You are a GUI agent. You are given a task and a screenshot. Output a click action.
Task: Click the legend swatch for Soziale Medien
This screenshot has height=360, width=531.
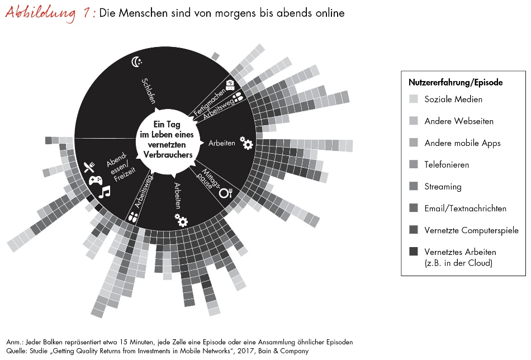(x=414, y=100)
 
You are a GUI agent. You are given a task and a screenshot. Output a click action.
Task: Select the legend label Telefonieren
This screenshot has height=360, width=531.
(x=447, y=165)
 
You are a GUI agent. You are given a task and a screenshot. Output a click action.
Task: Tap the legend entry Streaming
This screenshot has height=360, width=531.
(x=443, y=187)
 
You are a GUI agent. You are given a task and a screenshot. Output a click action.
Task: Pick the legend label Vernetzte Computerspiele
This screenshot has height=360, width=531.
(x=471, y=230)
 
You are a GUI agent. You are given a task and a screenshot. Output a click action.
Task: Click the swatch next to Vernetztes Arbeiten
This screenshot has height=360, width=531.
(x=414, y=252)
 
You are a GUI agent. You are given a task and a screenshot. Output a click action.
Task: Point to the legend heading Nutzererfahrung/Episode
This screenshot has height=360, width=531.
(x=456, y=82)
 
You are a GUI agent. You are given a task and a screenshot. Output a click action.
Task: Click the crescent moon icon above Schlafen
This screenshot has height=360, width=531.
(x=136, y=61)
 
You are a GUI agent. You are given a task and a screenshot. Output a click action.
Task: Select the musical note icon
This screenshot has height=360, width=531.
(x=104, y=192)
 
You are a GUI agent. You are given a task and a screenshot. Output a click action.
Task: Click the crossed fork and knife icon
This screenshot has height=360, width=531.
(x=88, y=167)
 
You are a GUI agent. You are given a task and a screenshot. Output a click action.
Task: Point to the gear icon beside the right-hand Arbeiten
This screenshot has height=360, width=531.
(x=246, y=144)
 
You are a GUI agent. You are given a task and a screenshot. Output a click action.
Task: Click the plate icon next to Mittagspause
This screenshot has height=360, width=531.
(x=226, y=193)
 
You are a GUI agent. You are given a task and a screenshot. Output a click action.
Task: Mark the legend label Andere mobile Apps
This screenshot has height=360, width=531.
(x=462, y=143)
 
